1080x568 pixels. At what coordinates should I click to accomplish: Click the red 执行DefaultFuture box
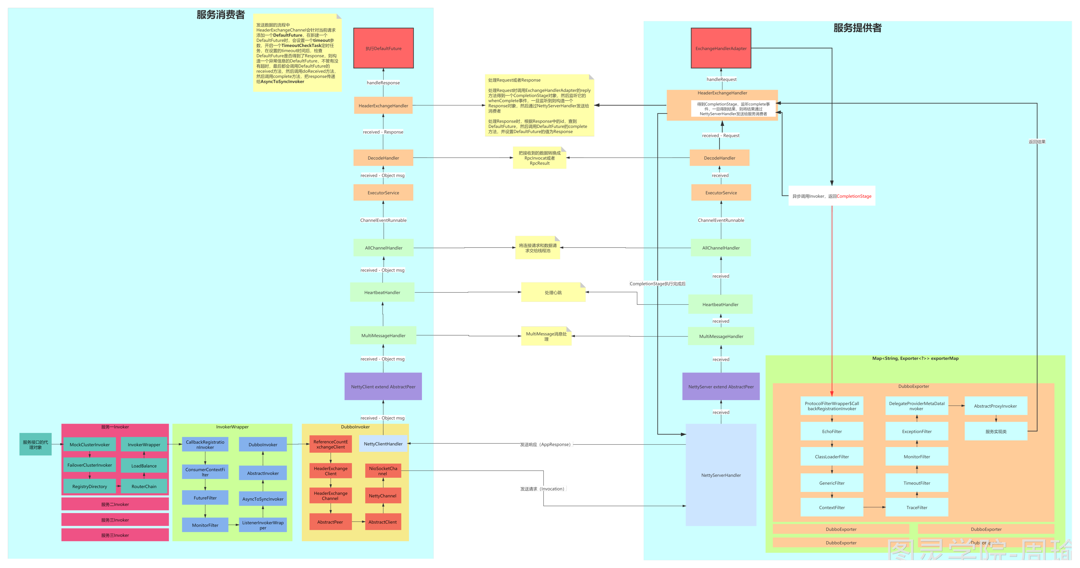(383, 48)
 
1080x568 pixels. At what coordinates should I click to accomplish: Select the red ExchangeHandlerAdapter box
(721, 48)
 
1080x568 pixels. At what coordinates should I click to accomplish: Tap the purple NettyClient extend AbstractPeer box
(383, 387)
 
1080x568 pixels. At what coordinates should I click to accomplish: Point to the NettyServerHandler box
(721, 475)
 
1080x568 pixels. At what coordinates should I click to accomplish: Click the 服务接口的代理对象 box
(36, 444)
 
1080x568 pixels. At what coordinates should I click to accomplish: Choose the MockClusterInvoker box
(89, 445)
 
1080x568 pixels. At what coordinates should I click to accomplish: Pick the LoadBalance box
(144, 466)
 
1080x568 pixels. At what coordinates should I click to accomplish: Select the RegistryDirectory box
(89, 486)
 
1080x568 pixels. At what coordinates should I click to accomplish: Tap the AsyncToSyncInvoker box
(263, 499)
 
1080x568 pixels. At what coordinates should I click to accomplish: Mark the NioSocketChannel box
(383, 471)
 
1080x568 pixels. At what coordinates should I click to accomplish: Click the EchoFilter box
(832, 431)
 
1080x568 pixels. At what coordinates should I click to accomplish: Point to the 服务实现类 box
(996, 431)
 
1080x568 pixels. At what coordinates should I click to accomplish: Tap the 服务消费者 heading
(221, 15)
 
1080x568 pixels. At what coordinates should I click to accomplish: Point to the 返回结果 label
(1037, 142)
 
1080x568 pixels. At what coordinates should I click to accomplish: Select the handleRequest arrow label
(721, 79)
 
